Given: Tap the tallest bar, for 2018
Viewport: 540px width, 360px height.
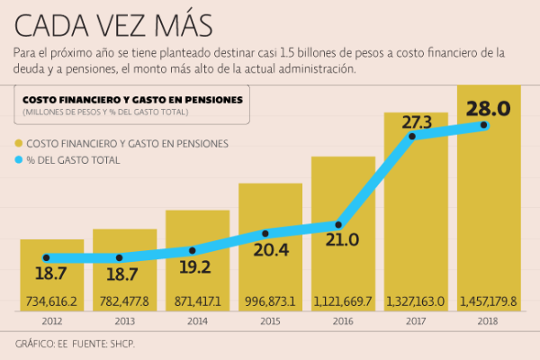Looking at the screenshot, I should point(489,207).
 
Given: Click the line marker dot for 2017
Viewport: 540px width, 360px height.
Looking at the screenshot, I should point(412,136).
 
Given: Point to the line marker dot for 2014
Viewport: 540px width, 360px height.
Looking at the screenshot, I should point(193,251).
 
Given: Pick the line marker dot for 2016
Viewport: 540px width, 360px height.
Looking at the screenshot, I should point(339,224).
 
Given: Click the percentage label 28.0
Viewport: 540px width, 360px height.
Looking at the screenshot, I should point(488,109).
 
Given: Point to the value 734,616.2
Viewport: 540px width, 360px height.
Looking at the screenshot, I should point(51,301).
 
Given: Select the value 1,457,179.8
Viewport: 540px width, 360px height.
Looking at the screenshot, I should point(489,301).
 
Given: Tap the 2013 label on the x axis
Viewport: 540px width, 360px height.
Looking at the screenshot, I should point(124,319).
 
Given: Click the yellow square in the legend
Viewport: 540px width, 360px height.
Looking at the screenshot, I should point(18,144).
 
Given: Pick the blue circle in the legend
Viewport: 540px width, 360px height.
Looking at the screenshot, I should point(18,160).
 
